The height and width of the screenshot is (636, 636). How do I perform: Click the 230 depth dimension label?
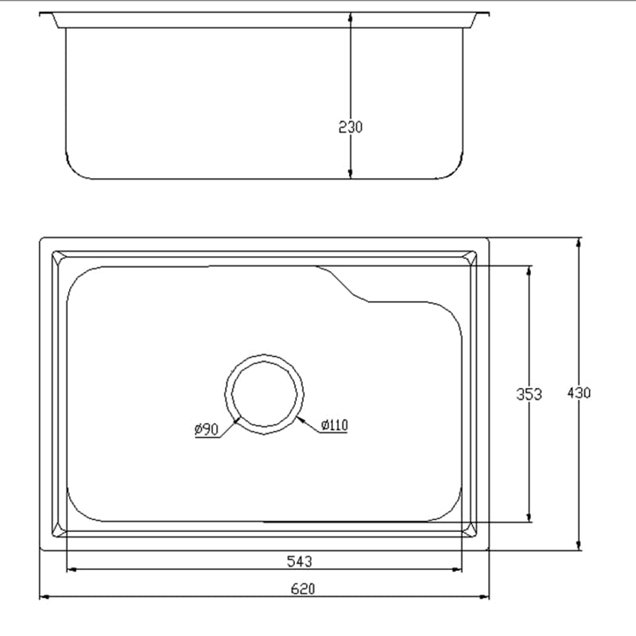[x=350, y=126]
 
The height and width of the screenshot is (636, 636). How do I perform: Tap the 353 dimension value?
[x=529, y=394]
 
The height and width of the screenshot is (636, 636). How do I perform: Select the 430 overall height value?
[x=580, y=393]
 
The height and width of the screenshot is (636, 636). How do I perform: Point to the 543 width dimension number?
[x=299, y=561]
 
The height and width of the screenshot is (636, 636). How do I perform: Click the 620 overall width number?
[x=303, y=589]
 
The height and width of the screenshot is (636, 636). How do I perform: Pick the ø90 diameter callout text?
[x=206, y=429]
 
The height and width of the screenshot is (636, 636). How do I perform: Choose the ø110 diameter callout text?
[x=335, y=425]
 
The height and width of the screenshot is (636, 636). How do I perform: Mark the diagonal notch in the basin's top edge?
[x=343, y=284]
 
